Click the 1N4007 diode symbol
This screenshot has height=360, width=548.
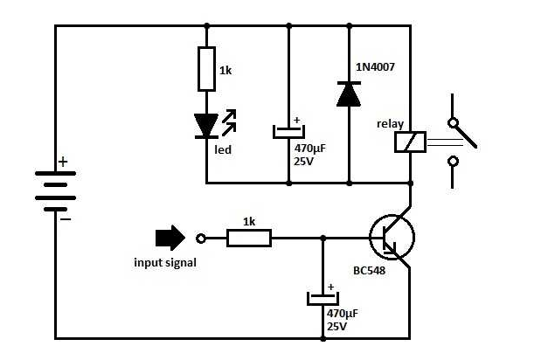pyautogui.click(x=349, y=93)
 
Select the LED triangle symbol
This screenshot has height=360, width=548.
pyautogui.click(x=206, y=126)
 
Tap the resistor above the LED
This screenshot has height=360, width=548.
pyautogui.click(x=206, y=70)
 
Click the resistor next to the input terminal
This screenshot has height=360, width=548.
pyautogui.click(x=249, y=238)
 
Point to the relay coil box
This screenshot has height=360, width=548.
pyautogui.click(x=410, y=142)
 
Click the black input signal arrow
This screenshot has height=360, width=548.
pyautogui.click(x=170, y=238)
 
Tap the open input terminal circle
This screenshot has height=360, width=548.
pyautogui.click(x=201, y=239)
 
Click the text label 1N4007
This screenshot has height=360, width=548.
pyautogui.click(x=375, y=66)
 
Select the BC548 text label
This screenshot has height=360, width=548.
pyautogui.click(x=370, y=271)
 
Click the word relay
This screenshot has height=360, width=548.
pyautogui.click(x=391, y=124)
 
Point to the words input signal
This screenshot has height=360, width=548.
pyautogui.click(x=165, y=263)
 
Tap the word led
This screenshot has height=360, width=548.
pyautogui.click(x=223, y=149)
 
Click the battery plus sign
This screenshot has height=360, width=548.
pyautogui.click(x=63, y=162)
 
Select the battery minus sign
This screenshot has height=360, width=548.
pyautogui.click(x=66, y=219)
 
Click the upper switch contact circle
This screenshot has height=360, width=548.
pyautogui.click(x=454, y=122)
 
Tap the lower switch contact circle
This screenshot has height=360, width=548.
pyautogui.click(x=454, y=161)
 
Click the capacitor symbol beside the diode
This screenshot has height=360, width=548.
pyautogui.click(x=288, y=132)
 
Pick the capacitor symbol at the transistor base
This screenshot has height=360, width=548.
pyautogui.click(x=323, y=299)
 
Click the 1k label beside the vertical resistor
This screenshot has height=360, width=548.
pyautogui.click(x=225, y=71)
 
